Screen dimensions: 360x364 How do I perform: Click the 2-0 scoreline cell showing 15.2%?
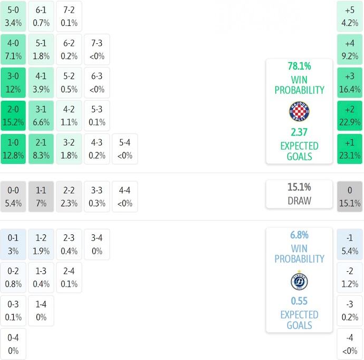[13, 116]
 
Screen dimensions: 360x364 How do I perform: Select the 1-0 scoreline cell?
[13, 149]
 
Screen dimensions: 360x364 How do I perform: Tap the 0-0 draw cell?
[13, 196]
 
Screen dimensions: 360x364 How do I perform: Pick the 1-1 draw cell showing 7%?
[41, 196]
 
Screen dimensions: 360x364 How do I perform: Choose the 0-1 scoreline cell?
[13, 244]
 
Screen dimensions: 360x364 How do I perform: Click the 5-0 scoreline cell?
[13, 16]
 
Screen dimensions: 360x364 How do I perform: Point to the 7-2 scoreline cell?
[69, 16]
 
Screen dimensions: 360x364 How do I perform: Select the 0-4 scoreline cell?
[13, 344]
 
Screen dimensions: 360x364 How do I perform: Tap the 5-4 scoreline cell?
[125, 149]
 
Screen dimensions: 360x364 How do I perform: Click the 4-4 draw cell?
[125, 196]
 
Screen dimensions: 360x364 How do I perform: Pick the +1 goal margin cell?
[350, 149]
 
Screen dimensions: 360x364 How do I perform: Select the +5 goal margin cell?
[350, 16]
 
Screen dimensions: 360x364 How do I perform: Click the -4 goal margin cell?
[350, 344]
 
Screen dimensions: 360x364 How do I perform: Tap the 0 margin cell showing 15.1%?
[350, 196]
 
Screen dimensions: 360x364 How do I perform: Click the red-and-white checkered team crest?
[299, 112]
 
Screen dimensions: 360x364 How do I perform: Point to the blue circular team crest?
[299, 281]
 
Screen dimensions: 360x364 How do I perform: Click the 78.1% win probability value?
[299, 66]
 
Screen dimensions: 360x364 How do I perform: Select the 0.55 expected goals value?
[299, 301]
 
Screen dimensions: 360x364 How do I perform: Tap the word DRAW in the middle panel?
[299, 201]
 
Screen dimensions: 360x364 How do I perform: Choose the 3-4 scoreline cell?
[97, 244]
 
